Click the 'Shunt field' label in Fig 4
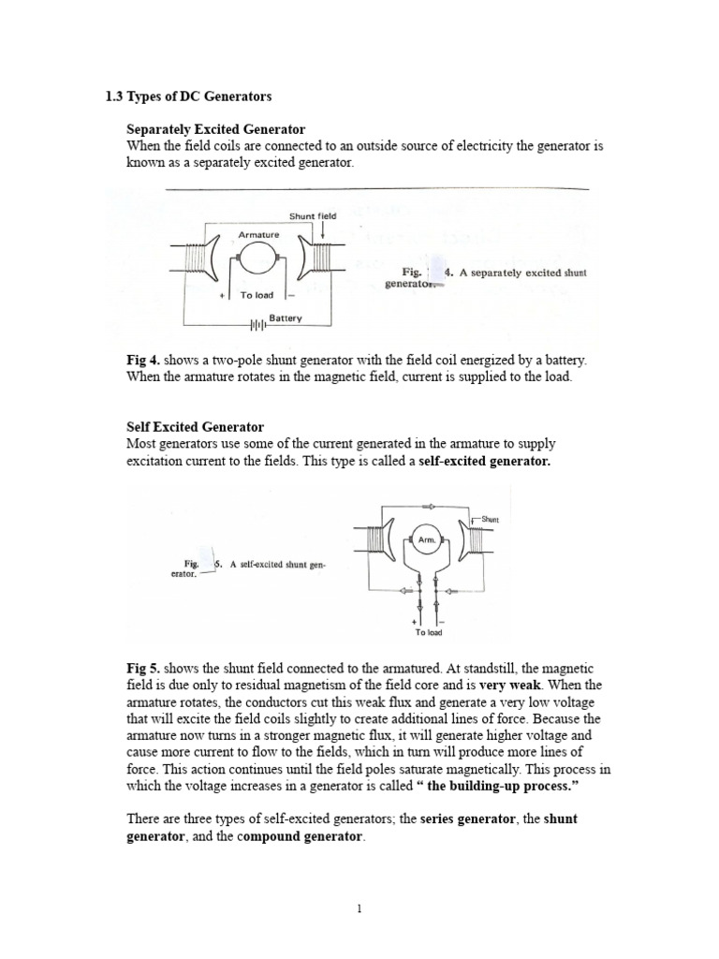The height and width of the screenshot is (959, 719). (x=312, y=215)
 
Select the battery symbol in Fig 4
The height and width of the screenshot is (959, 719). (x=255, y=326)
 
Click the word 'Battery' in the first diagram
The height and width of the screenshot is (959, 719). (x=286, y=318)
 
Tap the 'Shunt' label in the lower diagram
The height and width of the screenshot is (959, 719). (x=491, y=519)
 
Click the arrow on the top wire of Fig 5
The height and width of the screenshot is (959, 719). (x=427, y=506)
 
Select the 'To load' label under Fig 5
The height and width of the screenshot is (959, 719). (x=428, y=633)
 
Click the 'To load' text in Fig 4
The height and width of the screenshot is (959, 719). (x=257, y=295)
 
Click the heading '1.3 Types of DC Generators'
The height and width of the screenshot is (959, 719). (x=187, y=96)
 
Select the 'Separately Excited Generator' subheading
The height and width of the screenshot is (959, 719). (x=215, y=128)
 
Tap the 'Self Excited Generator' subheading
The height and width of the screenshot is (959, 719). (x=195, y=427)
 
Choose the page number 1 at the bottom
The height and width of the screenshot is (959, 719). (x=359, y=907)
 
